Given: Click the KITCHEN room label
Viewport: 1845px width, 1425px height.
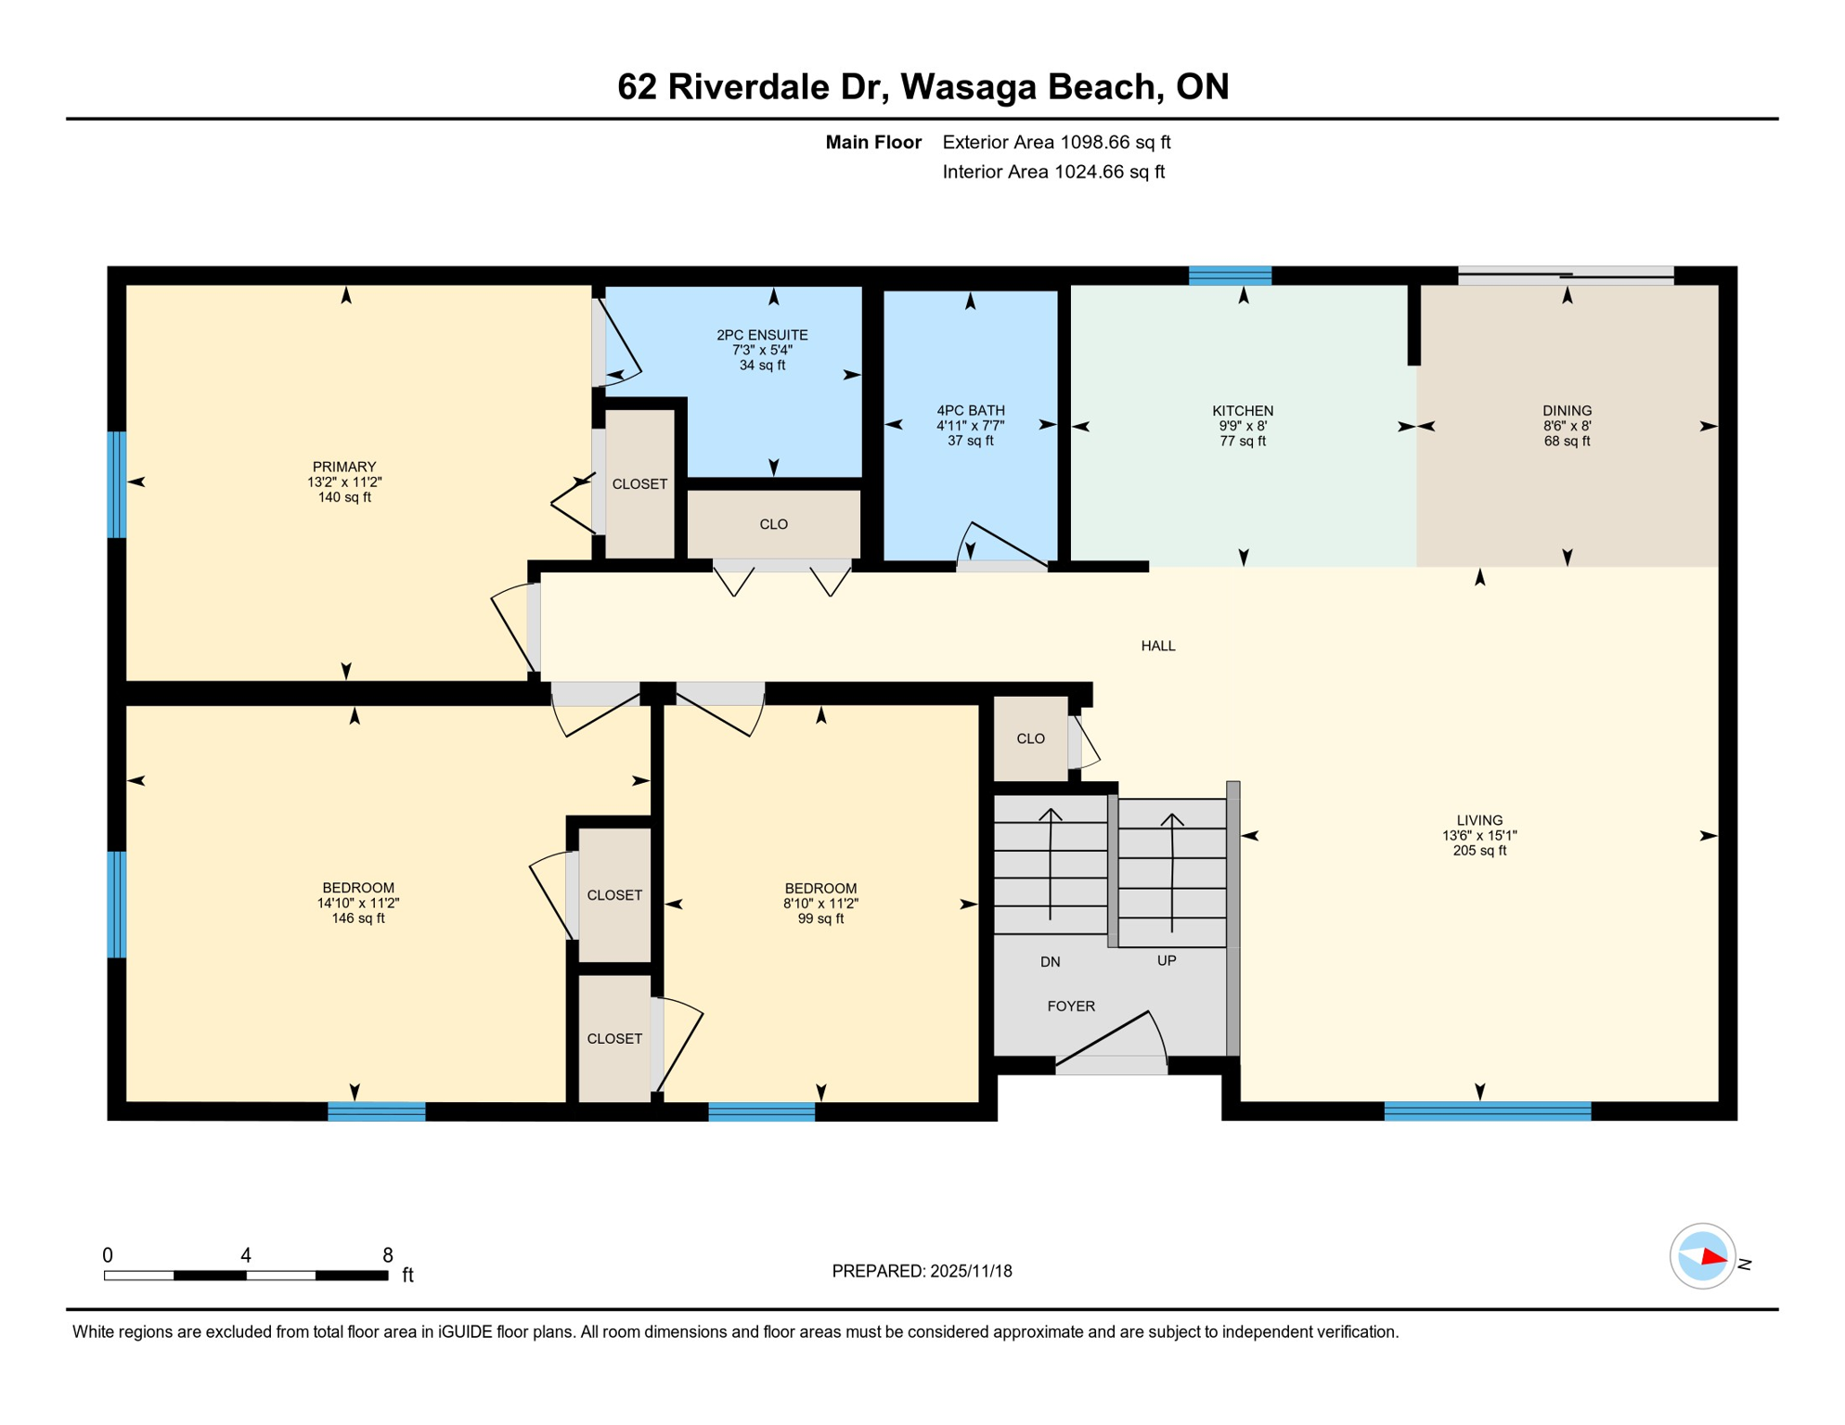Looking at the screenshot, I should coord(1242,411).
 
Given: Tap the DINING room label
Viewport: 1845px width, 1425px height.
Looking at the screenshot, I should coord(1567,411).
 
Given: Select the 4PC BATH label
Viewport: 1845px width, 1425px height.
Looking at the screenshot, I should coord(970,411).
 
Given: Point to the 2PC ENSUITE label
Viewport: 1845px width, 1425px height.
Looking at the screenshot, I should coord(762,335).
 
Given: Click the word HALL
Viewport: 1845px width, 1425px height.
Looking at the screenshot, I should coord(1157,646).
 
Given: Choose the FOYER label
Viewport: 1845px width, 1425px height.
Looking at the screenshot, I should coord(1070,1007).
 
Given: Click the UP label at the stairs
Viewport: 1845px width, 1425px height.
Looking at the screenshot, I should coord(1166,961).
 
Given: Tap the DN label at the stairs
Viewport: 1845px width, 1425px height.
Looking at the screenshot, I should coord(1050,962).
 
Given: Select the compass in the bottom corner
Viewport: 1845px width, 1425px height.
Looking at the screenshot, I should coord(1702,1257).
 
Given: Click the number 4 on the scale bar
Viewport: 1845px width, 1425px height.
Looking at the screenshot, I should coord(245,1255).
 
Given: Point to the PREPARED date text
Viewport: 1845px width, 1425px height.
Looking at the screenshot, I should coord(922,1271).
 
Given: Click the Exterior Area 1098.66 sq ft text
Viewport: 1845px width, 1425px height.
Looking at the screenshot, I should coord(1056,142).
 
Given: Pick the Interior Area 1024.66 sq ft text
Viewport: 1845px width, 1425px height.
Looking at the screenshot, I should coord(1053,172).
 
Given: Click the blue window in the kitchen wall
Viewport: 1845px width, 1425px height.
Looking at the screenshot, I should coord(1230,275).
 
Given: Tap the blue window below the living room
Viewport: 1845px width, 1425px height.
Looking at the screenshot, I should coord(1487,1110).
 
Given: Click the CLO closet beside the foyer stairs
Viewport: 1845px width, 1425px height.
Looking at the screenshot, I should coord(1030,738).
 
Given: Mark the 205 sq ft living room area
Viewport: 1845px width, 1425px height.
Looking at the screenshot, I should coord(1478,851).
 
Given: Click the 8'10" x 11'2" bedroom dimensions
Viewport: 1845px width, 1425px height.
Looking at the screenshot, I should coord(820,904).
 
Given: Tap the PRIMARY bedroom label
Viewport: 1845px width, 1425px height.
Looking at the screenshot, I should coord(344,467).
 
